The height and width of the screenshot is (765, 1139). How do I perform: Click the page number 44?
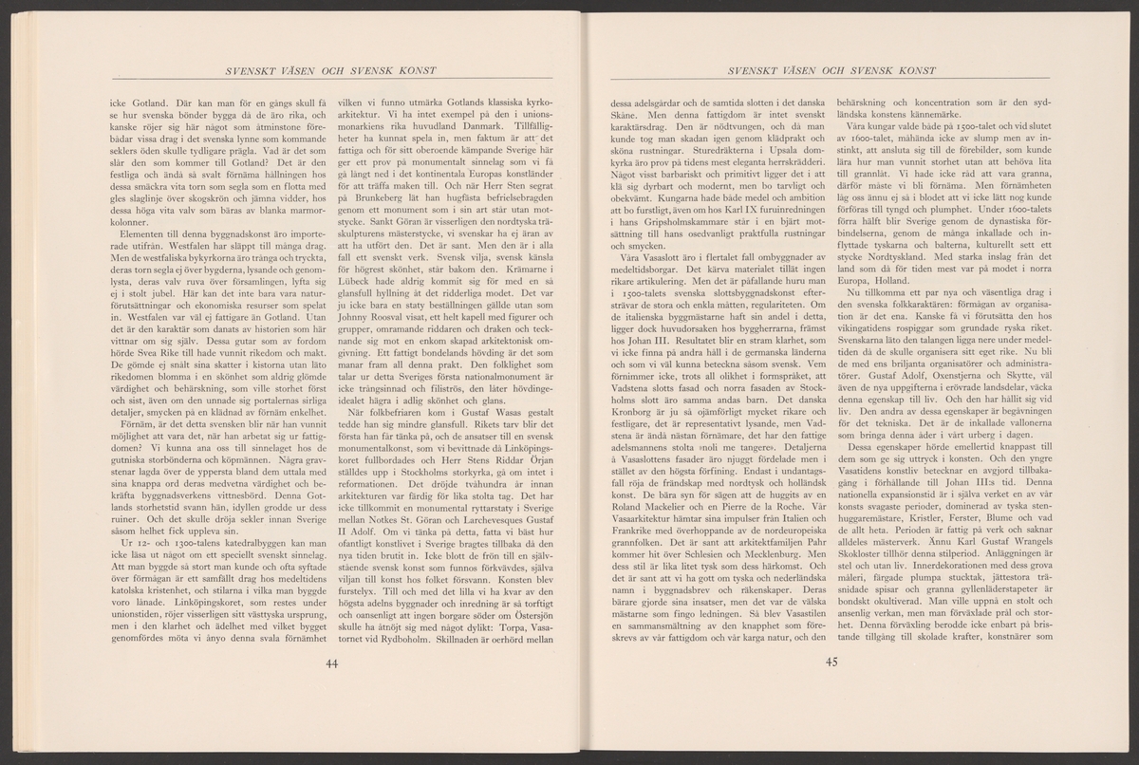331,662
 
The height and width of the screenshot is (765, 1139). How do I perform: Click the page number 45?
833,662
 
